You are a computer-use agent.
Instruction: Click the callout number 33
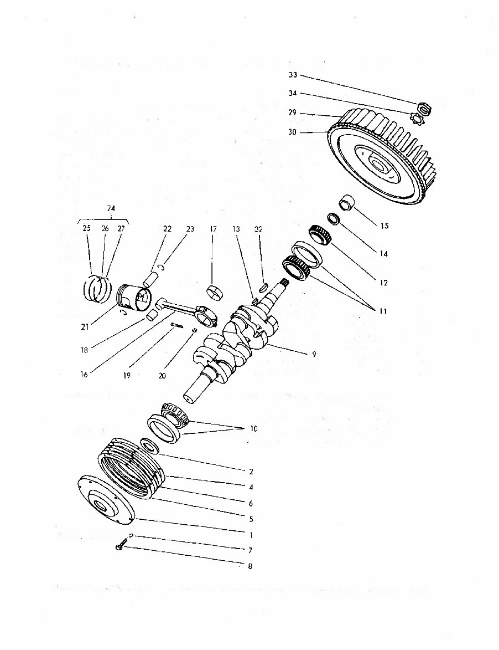pyautogui.click(x=293, y=75)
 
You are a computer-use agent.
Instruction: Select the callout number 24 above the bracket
pyautogui.click(x=111, y=208)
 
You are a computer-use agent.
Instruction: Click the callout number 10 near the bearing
pyautogui.click(x=253, y=429)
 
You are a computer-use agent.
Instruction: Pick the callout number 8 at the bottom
pyautogui.click(x=251, y=566)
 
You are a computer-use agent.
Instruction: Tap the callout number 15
pyautogui.click(x=384, y=226)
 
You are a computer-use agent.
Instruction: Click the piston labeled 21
pyautogui.click(x=135, y=299)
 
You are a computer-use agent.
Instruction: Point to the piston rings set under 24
pyautogui.click(x=97, y=289)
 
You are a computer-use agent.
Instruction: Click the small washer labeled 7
pyautogui.click(x=131, y=536)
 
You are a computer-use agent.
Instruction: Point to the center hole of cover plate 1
pyautogui.click(x=101, y=504)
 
